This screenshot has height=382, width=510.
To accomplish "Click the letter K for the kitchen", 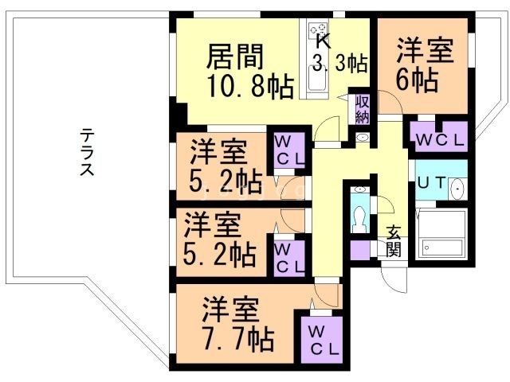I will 321,41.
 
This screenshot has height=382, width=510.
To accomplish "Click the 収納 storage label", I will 362,110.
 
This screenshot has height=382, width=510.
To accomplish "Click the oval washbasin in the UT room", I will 457,189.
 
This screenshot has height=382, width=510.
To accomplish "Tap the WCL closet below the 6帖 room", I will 437,137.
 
